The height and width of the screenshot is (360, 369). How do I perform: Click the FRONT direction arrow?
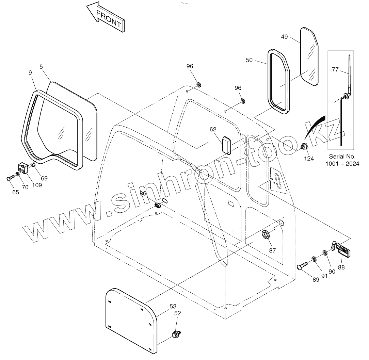click(x=106, y=17)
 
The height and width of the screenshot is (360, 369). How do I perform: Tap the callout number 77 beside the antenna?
click(x=335, y=70)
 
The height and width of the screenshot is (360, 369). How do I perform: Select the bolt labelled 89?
click(x=302, y=267)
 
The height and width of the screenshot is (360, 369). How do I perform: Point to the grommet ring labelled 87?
click(x=266, y=235)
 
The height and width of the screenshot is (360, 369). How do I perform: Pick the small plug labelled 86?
click(x=158, y=205)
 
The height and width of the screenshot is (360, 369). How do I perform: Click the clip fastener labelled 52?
click(x=176, y=334)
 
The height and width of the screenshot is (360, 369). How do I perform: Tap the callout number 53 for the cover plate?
click(x=173, y=307)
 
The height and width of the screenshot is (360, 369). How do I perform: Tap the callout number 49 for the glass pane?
click(x=285, y=37)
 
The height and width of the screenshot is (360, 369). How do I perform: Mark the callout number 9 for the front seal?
click(x=30, y=72)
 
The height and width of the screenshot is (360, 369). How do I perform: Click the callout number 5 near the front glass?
click(x=41, y=67)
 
